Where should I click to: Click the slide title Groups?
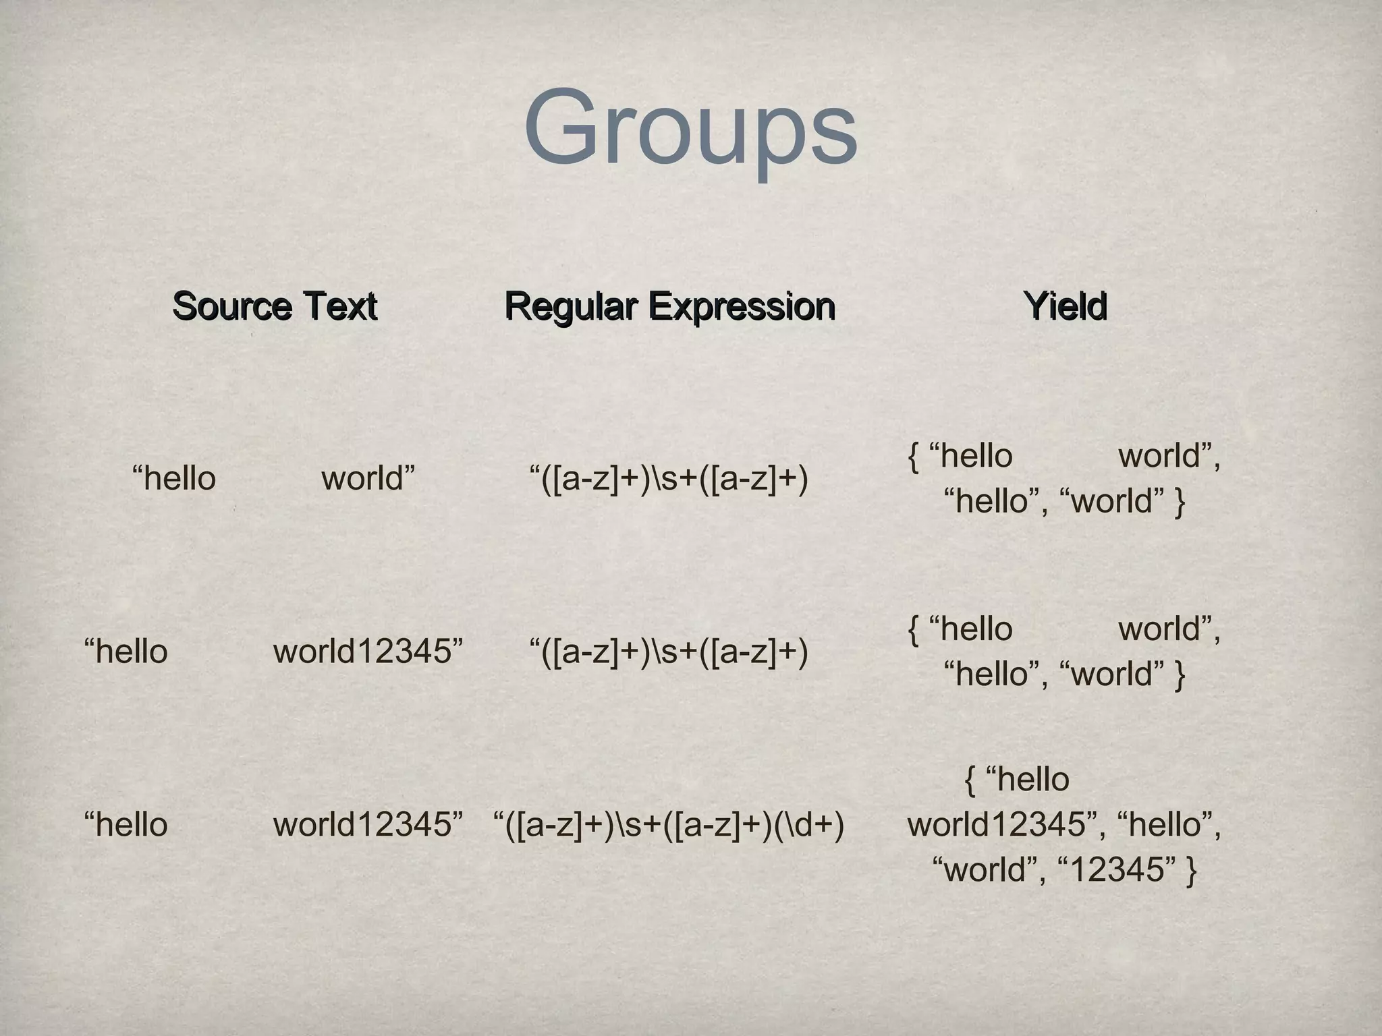pos(690,128)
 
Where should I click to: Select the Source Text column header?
pos(275,306)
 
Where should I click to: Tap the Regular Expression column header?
pos(669,306)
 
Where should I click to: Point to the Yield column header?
pos(1065,306)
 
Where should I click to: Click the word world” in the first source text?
pos(368,478)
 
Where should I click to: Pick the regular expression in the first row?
pos(669,479)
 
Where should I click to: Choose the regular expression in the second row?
pos(669,652)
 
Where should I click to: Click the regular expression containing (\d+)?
pos(669,824)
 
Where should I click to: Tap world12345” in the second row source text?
pos(368,652)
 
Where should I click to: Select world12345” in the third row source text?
pos(368,824)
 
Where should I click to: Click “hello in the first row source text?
pos(174,478)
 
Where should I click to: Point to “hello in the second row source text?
pos(126,652)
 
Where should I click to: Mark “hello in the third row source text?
pos(126,824)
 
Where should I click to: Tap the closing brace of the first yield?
pos(1180,501)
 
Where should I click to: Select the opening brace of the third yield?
pos(970,780)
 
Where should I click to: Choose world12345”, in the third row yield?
pos(1006,824)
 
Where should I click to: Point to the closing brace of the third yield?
pos(1191,869)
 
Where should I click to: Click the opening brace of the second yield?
pos(914,629)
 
